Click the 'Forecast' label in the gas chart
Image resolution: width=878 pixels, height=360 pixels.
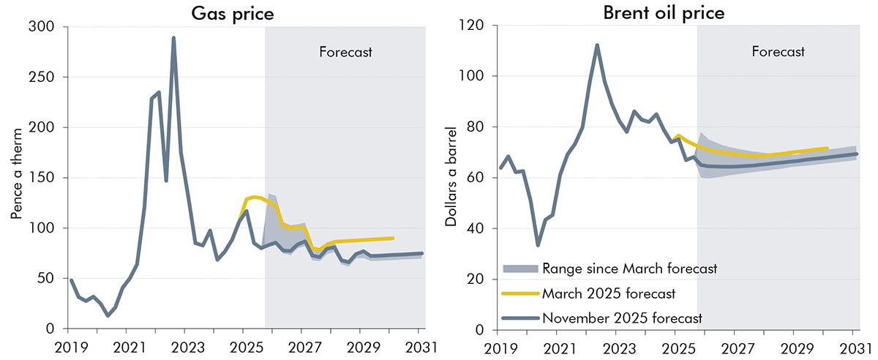[346, 52]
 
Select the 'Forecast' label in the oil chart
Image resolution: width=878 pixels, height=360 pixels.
[778, 52]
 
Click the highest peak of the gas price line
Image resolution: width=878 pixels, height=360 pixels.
[173, 37]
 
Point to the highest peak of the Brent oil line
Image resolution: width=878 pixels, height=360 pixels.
[597, 45]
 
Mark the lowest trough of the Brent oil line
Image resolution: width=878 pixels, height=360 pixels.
[538, 245]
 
